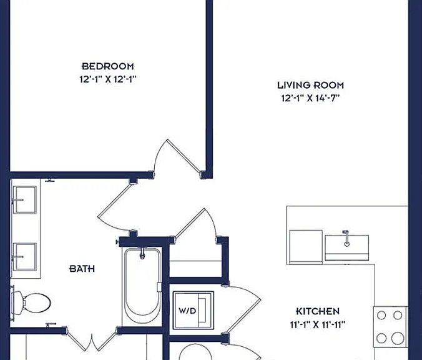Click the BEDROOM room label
point(107,66)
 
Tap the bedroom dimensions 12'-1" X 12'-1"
point(107,79)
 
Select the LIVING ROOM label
point(311,85)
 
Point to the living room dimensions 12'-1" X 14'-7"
point(311,98)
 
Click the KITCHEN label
point(318,311)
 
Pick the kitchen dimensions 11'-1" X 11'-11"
point(318,325)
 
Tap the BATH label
point(82,269)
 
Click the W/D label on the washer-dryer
point(187,311)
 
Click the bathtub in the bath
point(142,286)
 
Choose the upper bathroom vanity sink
point(25,199)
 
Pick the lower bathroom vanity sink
point(25,257)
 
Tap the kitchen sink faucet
point(346,238)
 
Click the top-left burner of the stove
point(381,315)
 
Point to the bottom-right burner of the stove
point(398,338)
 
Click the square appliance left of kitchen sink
point(306,247)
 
